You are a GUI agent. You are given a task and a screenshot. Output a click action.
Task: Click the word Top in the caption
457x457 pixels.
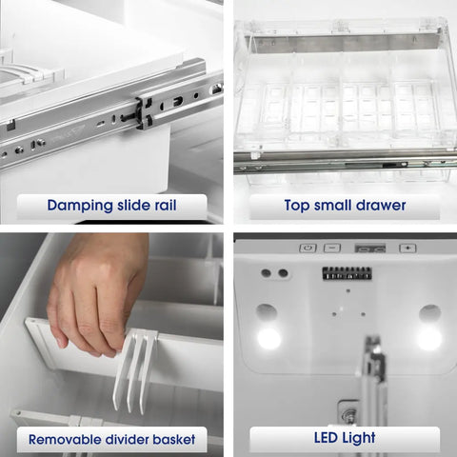pos(298,204)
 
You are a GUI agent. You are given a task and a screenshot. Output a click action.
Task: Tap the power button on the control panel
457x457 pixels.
pos(307,248)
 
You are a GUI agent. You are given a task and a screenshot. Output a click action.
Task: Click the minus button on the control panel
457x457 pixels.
pos(331,248)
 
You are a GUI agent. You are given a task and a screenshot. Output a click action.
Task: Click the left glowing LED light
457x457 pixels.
pos(268,338)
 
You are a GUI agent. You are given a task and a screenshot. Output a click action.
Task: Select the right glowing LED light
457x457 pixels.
pos(429,338)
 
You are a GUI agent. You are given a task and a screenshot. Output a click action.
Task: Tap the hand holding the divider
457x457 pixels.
pos(95,290)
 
